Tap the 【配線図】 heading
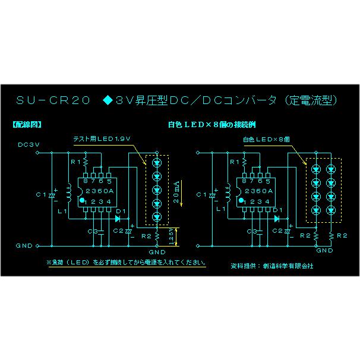[x=26, y=125]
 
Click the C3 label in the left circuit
[x=91, y=231]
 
